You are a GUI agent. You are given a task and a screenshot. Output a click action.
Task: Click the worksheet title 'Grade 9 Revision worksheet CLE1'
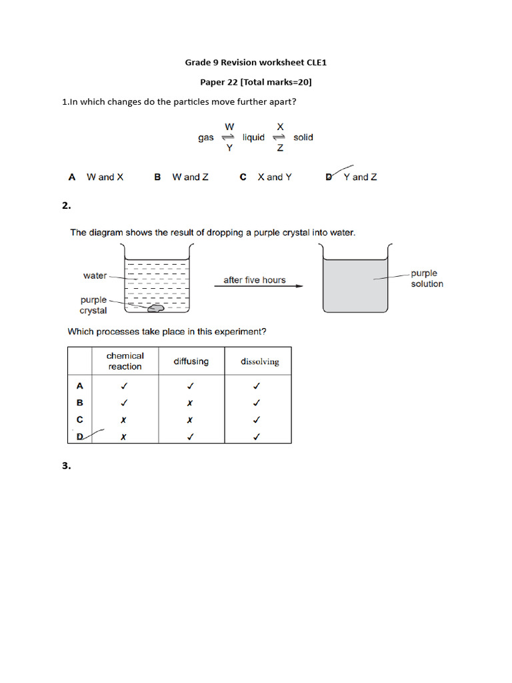coord(255,63)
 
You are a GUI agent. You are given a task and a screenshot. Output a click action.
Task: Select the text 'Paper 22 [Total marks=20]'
coord(256,82)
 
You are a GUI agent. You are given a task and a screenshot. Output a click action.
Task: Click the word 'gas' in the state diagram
coord(206,137)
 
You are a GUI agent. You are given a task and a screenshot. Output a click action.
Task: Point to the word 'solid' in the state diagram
coord(303,137)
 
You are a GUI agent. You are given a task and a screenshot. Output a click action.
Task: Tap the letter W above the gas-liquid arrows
coord(229,126)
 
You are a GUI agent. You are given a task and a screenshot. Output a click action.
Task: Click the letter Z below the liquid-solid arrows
coord(280,149)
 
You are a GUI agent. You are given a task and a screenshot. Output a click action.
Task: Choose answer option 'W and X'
coord(105,177)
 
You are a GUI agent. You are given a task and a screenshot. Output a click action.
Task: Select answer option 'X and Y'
coord(274,177)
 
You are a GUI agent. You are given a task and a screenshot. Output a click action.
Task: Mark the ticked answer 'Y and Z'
coord(359,177)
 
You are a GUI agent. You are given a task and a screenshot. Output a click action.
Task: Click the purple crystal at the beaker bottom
coord(157,307)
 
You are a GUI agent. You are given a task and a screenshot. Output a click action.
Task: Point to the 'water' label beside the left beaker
coord(95,275)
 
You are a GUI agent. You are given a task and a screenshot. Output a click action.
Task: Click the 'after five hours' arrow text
coord(254,280)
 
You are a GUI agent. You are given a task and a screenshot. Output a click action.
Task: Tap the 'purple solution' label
coord(427,278)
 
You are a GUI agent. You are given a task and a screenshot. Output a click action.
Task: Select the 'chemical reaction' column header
coord(125,361)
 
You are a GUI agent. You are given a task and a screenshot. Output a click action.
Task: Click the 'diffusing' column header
coord(191,362)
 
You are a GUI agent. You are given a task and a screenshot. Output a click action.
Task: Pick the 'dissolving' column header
coord(259,362)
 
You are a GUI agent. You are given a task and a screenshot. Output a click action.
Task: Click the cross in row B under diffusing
coord(190,404)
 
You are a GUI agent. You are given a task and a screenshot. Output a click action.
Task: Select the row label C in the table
coord(79,420)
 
